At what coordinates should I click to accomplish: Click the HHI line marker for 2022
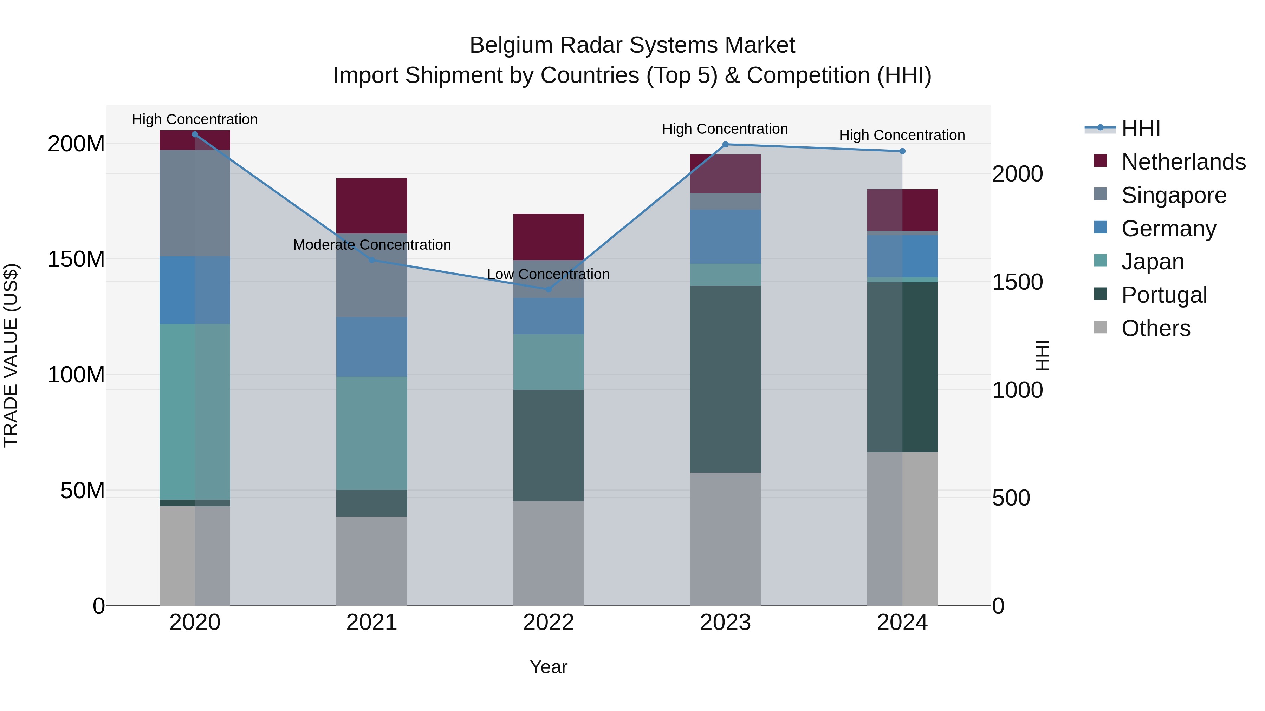(549, 290)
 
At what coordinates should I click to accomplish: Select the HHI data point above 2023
(725, 144)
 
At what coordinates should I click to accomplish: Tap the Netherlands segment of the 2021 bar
(372, 206)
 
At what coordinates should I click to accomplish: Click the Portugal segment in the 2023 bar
(725, 379)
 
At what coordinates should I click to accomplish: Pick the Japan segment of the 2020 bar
(195, 412)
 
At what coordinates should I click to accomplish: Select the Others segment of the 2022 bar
(549, 553)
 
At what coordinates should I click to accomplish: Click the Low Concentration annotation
(548, 274)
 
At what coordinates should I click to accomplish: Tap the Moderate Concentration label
(372, 245)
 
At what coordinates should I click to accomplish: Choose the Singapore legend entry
(1174, 195)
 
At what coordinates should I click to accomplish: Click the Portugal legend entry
(1164, 295)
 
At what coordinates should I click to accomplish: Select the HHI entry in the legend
(1140, 129)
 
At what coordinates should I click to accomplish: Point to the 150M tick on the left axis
(76, 259)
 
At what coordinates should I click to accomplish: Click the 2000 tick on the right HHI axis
(1017, 174)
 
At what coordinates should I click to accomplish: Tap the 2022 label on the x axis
(549, 623)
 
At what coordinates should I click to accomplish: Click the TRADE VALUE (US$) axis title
(11, 355)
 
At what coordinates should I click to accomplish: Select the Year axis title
(549, 667)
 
